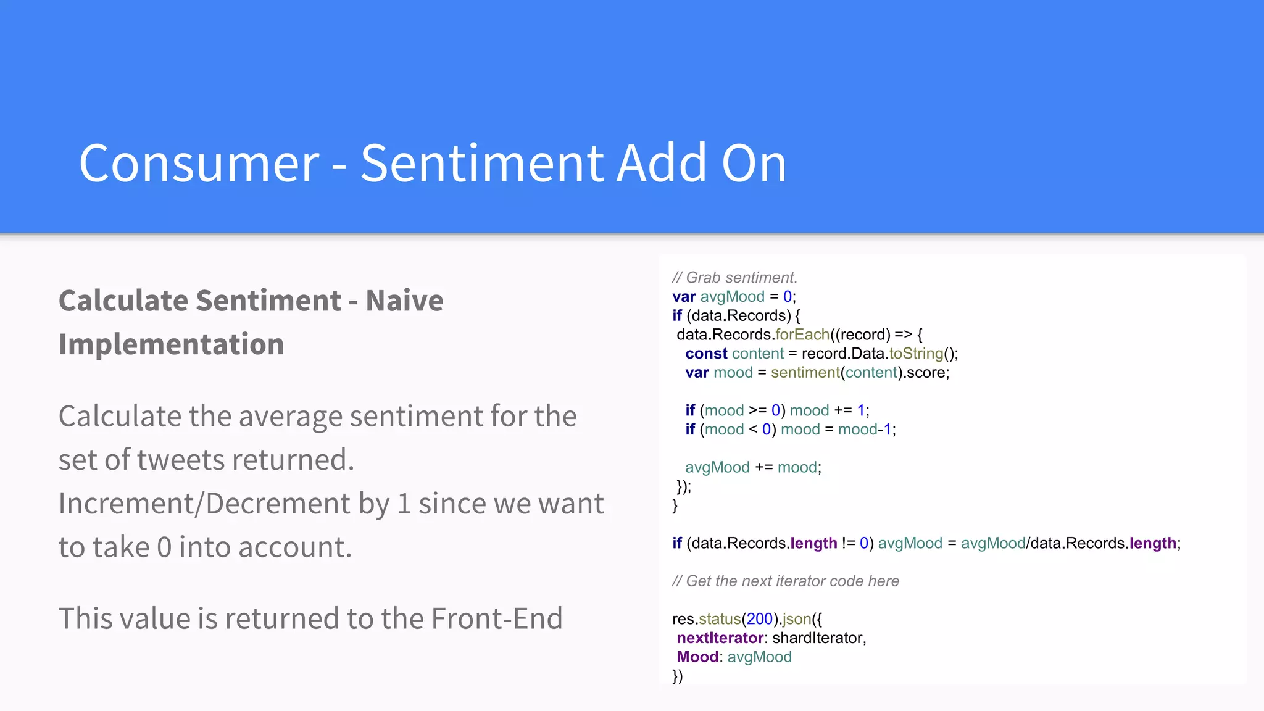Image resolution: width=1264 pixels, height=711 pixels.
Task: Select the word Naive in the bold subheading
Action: pyautogui.click(x=404, y=301)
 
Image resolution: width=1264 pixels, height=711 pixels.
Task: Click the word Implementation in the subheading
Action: pyautogui.click(x=171, y=344)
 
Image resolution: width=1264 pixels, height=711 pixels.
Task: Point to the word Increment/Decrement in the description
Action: pyautogui.click(x=204, y=503)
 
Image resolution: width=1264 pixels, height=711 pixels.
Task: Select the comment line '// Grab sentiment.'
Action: pyautogui.click(x=734, y=278)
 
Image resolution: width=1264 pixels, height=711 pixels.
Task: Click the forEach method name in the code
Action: pyautogui.click(x=802, y=335)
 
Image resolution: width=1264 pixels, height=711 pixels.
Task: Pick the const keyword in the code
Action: pyautogui.click(x=706, y=354)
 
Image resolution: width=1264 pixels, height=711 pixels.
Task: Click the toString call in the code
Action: pyautogui.click(x=916, y=354)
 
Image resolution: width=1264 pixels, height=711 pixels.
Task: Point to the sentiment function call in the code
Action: pyautogui.click(x=805, y=373)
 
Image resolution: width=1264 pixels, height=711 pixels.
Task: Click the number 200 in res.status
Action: pyautogui.click(x=759, y=619)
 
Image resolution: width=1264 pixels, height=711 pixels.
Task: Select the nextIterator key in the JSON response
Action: pyautogui.click(x=720, y=638)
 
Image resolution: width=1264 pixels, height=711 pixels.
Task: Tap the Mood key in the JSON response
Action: pyautogui.click(x=697, y=657)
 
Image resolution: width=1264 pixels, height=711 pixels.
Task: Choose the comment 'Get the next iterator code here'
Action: pyautogui.click(x=792, y=581)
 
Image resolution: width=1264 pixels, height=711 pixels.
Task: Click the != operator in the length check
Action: pyautogui.click(x=848, y=543)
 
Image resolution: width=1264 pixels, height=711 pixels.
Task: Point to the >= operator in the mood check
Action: pyautogui.click(x=757, y=410)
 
